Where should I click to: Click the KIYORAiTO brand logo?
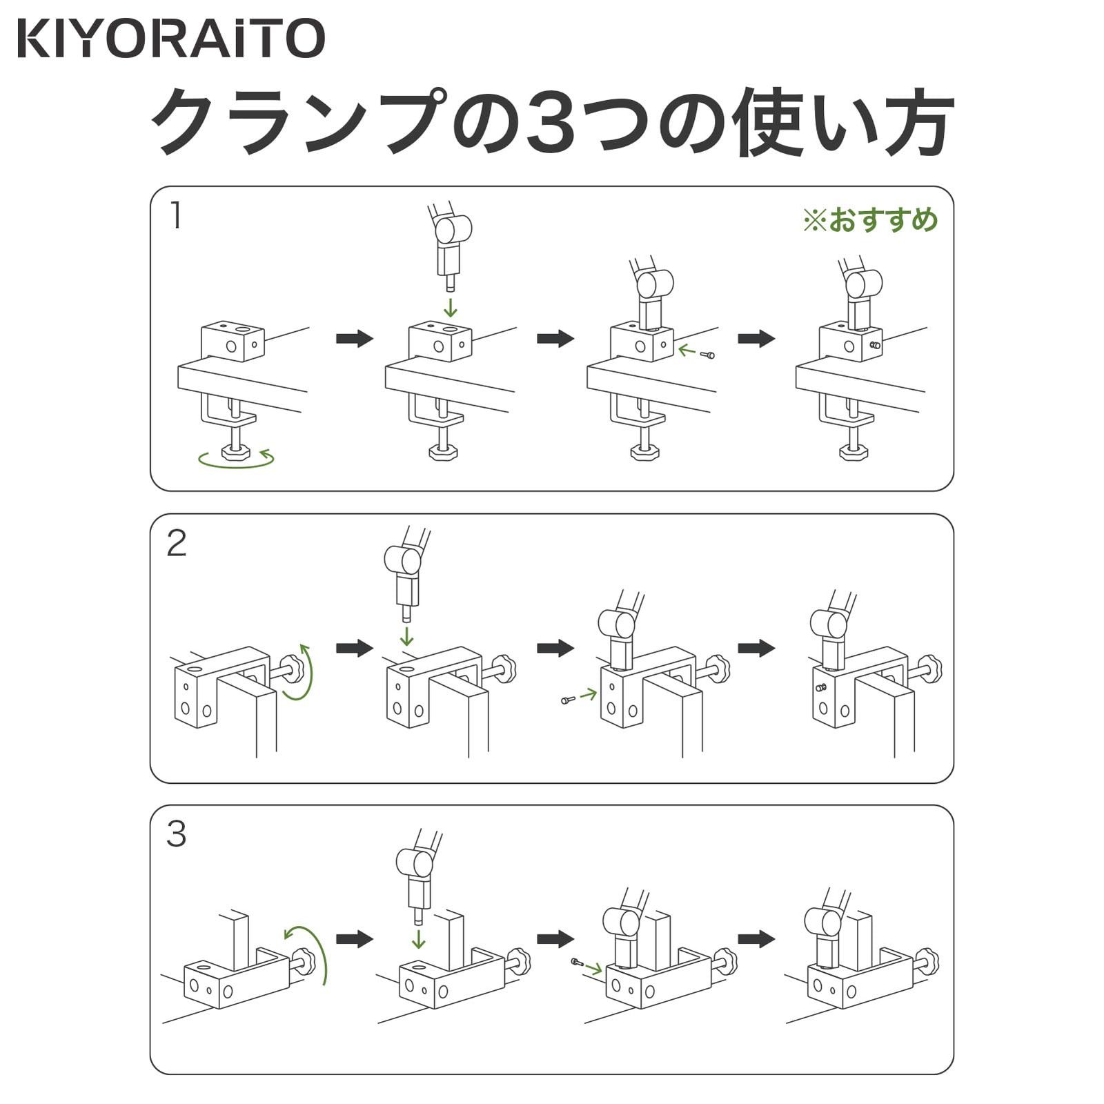click(170, 39)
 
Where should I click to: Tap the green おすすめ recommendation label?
click(870, 220)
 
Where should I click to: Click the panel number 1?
click(176, 216)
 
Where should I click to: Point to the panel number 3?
click(177, 834)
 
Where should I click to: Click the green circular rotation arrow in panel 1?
click(235, 460)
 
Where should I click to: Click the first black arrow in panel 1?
click(355, 338)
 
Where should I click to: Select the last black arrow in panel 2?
click(757, 648)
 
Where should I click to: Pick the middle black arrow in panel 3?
click(556, 938)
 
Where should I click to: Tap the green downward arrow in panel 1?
click(450, 306)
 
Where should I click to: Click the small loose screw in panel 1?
click(707, 355)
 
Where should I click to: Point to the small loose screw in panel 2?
click(569, 700)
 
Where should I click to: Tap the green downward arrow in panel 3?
click(418, 939)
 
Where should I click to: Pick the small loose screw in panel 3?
click(577, 961)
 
